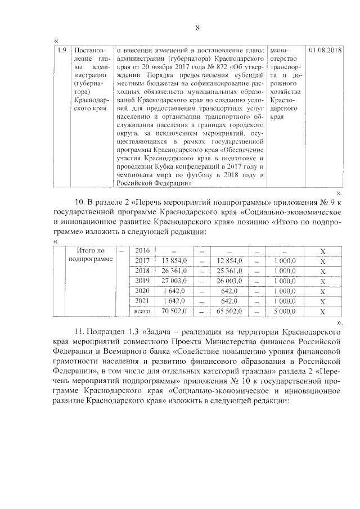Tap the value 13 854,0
pos(174,260)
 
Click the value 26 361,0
pos(174,271)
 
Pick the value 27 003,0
pos(174,280)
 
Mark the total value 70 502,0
pos(174,310)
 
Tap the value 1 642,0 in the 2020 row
pos(175,290)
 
